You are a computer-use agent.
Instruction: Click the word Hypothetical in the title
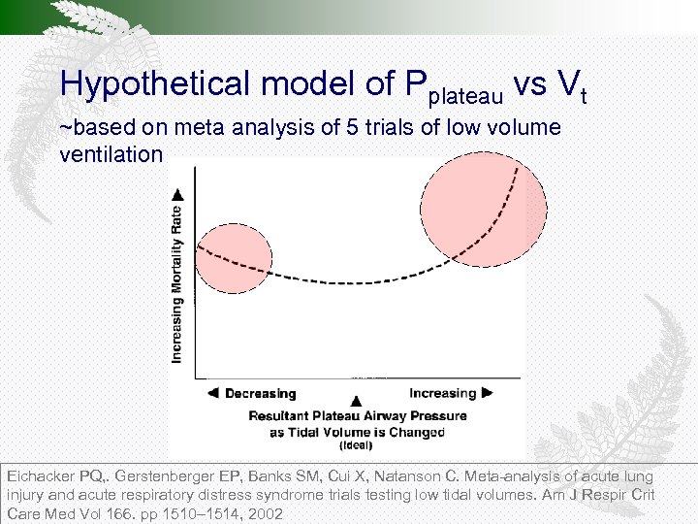click(154, 84)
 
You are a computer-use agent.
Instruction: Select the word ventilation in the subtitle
click(111, 154)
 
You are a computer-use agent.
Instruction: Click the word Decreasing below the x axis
click(260, 394)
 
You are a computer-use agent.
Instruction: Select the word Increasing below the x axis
click(442, 393)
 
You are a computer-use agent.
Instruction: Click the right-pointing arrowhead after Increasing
click(488, 393)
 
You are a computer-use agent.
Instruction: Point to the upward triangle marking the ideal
click(357, 401)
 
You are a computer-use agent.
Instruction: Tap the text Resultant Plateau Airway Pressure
click(358, 415)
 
